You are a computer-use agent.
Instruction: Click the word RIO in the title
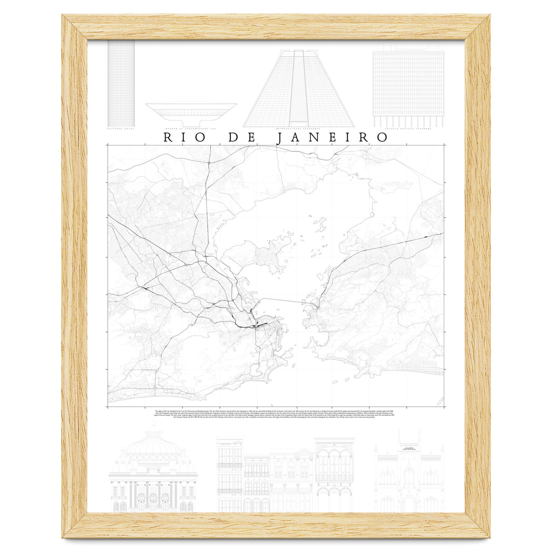tap(180, 138)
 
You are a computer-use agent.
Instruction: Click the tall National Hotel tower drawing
tap(121, 83)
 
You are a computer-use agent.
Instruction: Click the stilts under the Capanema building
tap(408, 121)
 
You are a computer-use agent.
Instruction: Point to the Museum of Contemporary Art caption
tap(191, 129)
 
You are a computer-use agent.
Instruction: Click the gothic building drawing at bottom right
tap(409, 474)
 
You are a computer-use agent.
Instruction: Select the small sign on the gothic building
tap(409, 448)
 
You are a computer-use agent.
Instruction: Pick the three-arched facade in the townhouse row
tap(334, 465)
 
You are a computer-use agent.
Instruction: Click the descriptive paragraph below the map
tap(276, 413)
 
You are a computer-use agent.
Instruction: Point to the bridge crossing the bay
tap(283, 300)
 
